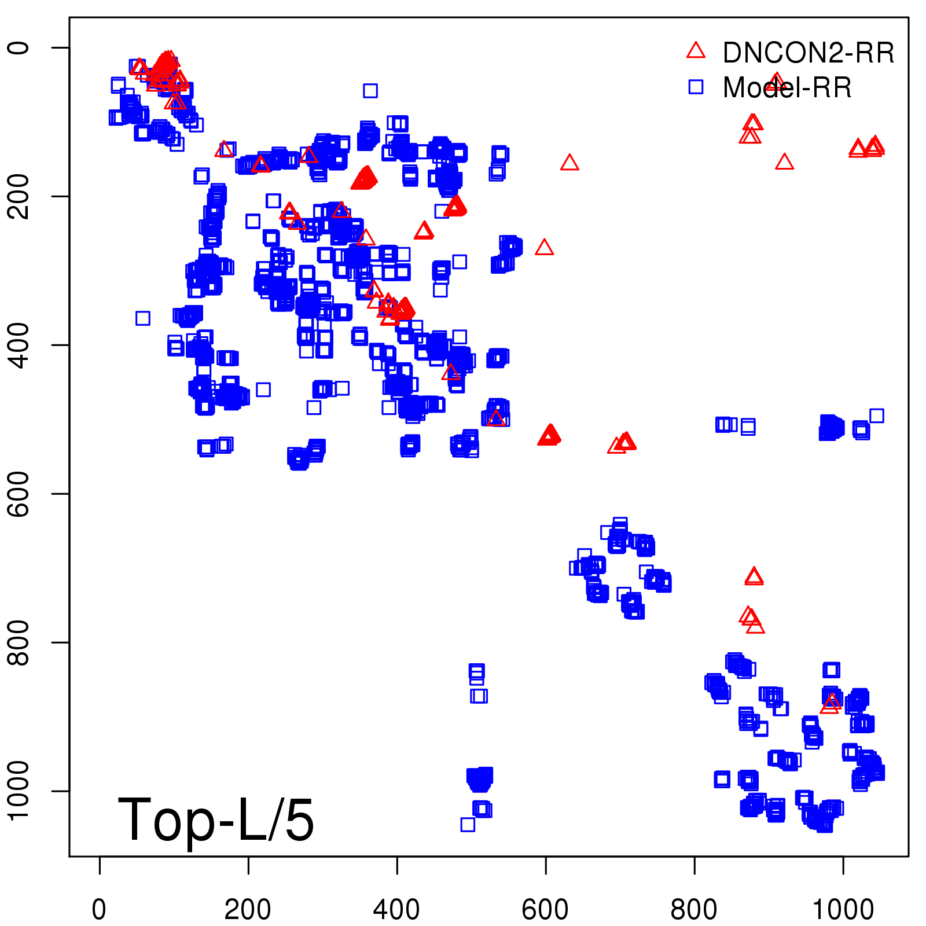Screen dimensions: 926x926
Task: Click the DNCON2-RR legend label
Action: pyautogui.click(x=808, y=53)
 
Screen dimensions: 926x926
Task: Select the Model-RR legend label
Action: pyautogui.click(x=787, y=88)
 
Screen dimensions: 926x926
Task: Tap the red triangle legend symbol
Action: pyautogui.click(x=696, y=51)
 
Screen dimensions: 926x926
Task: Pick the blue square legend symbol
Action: pyautogui.click(x=696, y=87)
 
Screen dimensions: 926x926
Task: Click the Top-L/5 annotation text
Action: pyautogui.click(x=216, y=820)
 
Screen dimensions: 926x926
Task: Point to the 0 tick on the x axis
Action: pyautogui.click(x=100, y=910)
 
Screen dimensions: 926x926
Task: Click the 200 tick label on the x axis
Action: pyautogui.click(x=248, y=910)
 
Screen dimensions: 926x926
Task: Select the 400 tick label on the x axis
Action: pyautogui.click(x=396, y=910)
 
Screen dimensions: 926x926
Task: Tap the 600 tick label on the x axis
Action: pyautogui.click(x=545, y=910)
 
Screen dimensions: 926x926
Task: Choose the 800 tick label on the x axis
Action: pyautogui.click(x=694, y=910)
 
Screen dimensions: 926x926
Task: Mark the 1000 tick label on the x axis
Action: pyautogui.click(x=843, y=910)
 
